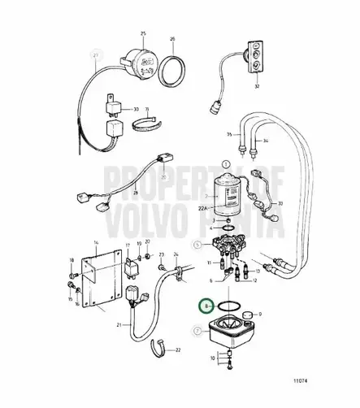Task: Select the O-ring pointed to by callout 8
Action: point(232,307)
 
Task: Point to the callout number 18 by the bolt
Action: point(71,261)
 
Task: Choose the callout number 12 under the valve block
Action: point(254,280)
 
